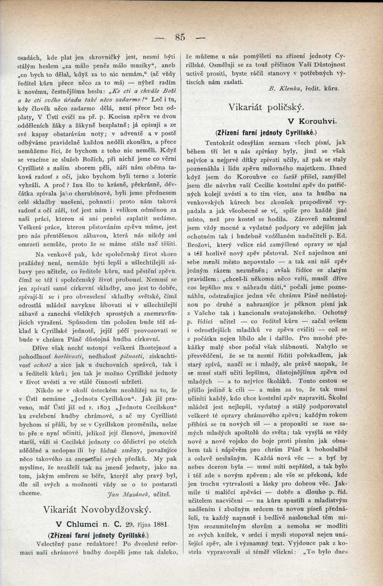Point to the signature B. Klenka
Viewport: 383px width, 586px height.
282,88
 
